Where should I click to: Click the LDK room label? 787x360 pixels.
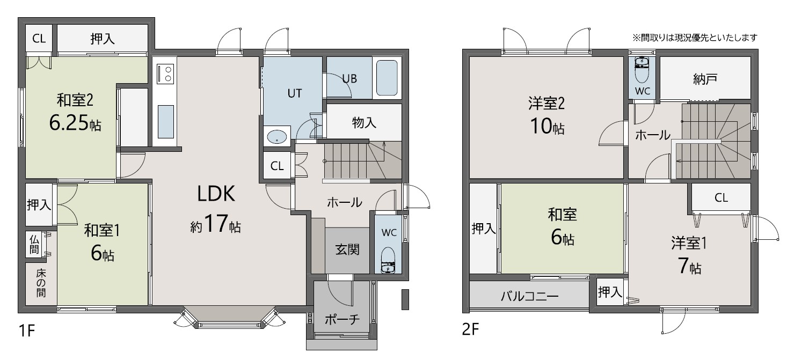tap(216, 194)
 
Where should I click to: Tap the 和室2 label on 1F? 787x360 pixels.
tap(75, 100)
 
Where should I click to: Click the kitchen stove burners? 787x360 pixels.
tap(165, 74)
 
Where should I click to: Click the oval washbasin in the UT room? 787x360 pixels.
tap(277, 136)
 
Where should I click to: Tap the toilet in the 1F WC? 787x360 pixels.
tap(388, 260)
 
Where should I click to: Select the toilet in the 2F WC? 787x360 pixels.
tap(642, 71)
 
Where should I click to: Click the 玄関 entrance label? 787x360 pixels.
tap(347, 249)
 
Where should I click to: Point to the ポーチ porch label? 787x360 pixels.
tap(341, 319)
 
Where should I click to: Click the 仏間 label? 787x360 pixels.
tap(34, 244)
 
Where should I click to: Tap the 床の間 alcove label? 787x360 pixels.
tap(41, 283)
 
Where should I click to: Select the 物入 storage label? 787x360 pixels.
tap(364, 122)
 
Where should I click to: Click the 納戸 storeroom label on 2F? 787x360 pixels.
tap(705, 79)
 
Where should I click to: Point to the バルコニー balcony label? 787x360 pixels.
tap(529, 297)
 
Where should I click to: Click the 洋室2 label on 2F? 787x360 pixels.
tap(546, 103)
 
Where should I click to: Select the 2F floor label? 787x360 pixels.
tap(470, 329)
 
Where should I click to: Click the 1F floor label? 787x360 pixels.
tap(26, 330)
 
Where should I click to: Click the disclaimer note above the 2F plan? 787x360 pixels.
tap(695, 38)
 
